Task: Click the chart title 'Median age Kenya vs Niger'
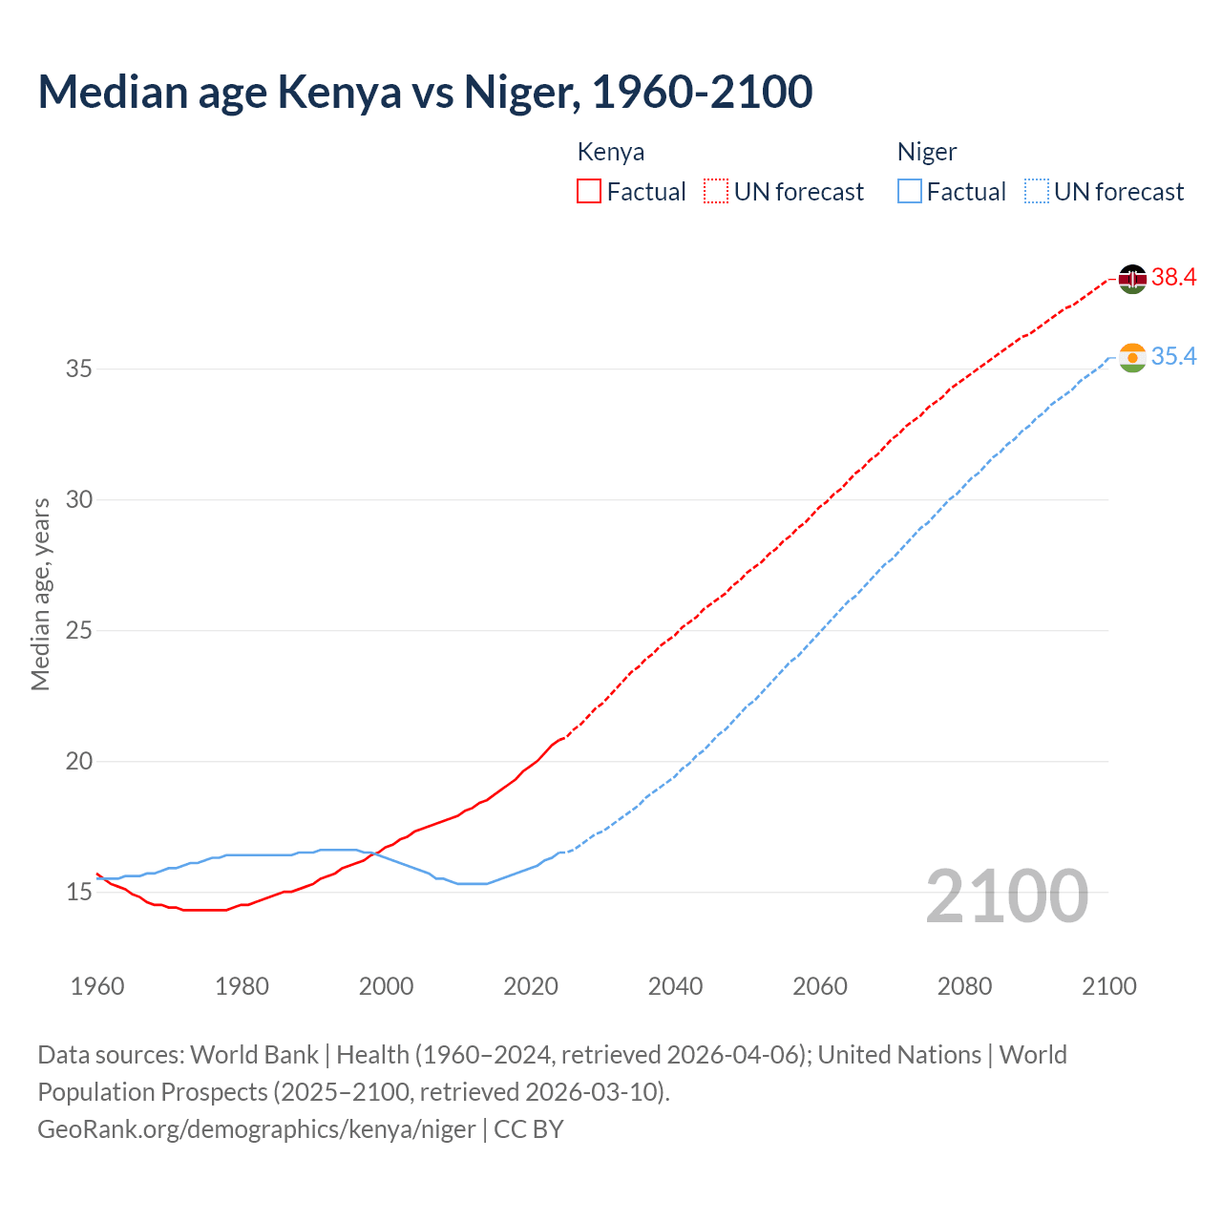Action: click(425, 92)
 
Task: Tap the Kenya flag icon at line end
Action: click(1131, 279)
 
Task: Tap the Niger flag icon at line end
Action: click(1131, 358)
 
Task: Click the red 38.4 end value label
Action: click(1173, 278)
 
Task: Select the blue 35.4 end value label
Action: click(1173, 357)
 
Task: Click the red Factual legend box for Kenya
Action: click(589, 192)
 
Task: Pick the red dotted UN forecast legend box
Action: click(716, 192)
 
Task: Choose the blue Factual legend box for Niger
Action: click(909, 192)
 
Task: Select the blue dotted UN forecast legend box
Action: click(1036, 192)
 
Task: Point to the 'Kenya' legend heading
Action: click(611, 153)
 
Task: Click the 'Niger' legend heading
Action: click(927, 153)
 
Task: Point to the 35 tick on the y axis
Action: click(79, 369)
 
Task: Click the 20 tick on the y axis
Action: click(79, 762)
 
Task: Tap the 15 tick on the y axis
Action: click(79, 893)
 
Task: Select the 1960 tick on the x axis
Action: click(97, 986)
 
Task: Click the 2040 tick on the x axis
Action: click(675, 986)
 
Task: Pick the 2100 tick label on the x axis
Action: click(1109, 986)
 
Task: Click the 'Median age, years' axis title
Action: click(40, 594)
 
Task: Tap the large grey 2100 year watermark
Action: click(1007, 896)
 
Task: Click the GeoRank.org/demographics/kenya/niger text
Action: click(256, 1129)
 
